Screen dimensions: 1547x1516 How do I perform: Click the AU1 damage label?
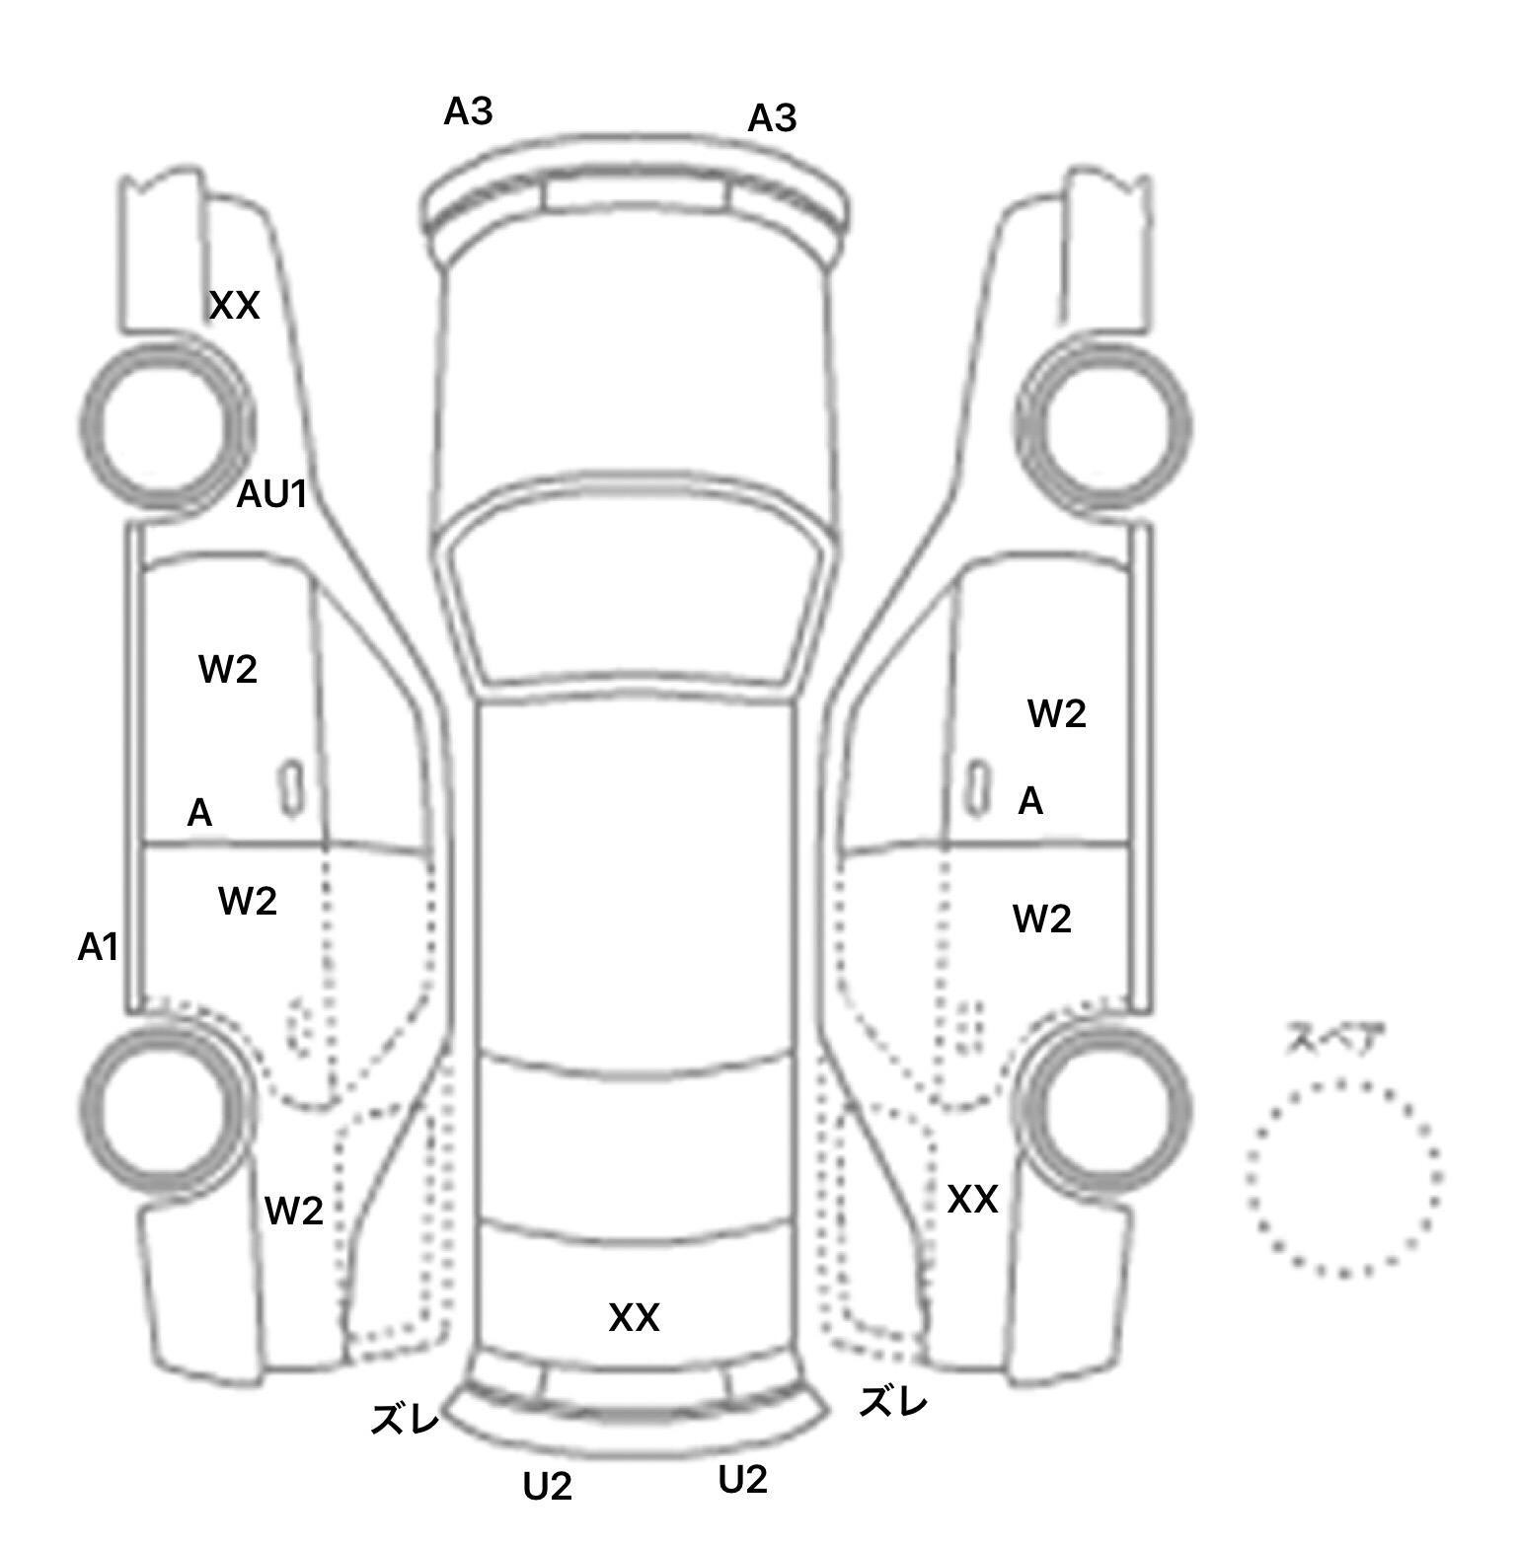[x=272, y=494]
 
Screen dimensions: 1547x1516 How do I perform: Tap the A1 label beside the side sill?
[x=98, y=948]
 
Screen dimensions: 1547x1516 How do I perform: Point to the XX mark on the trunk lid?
[x=634, y=1318]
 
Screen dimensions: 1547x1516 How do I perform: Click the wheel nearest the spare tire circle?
[x=1104, y=1104]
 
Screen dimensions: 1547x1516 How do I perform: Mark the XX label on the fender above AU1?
[x=235, y=307]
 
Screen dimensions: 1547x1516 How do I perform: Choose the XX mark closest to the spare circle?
[x=972, y=1201]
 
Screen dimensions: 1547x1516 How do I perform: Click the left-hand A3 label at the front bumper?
[x=468, y=112]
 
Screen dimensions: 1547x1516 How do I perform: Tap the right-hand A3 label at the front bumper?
[x=772, y=119]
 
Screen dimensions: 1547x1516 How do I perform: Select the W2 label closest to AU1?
[x=228, y=670]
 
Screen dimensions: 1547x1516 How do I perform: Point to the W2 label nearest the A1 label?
[x=248, y=901]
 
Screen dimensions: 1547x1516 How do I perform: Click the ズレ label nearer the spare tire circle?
[x=893, y=1401]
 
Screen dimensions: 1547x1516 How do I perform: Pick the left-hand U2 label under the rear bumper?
[x=548, y=1486]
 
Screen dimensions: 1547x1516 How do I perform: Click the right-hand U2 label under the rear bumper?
[x=743, y=1480]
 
